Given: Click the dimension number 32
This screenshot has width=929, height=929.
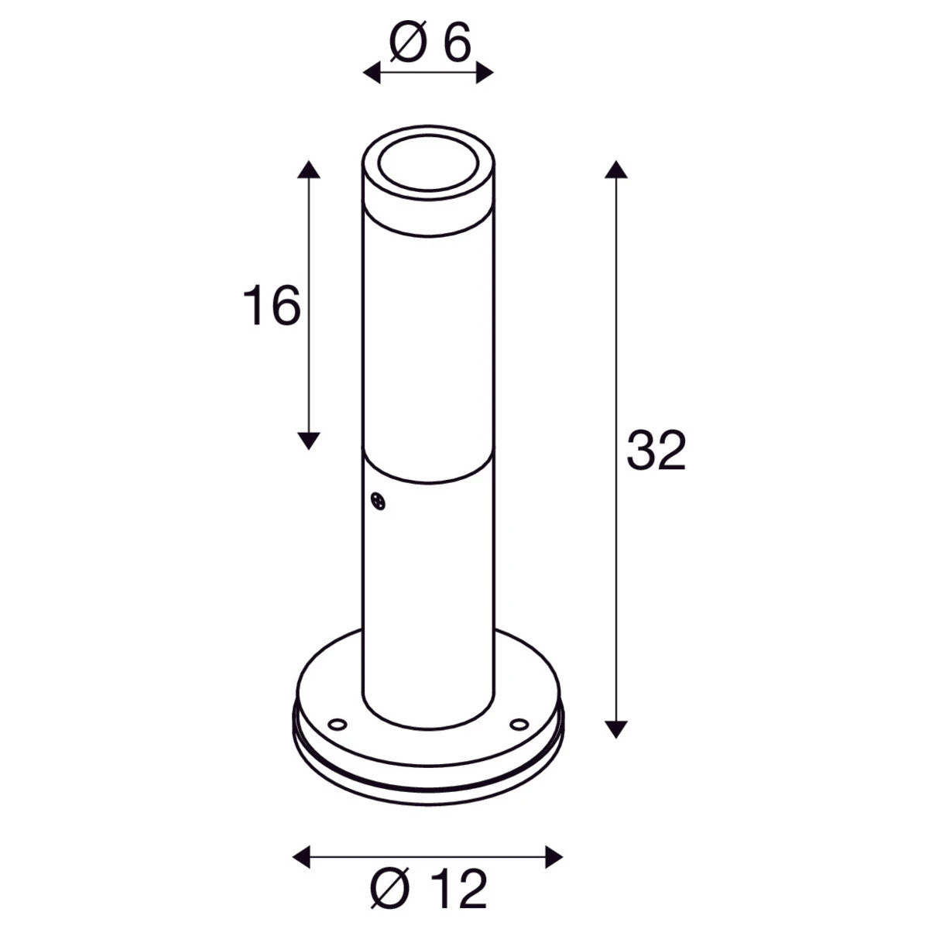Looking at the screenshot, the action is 656,451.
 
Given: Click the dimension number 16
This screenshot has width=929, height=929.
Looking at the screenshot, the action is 272,305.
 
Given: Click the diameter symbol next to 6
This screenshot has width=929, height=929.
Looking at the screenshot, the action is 408,42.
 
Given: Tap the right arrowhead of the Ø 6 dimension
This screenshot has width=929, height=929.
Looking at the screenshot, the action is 485,73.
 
